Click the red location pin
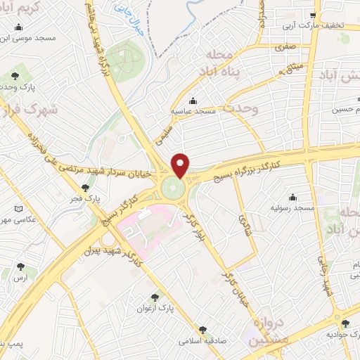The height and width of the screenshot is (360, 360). tap(181, 165)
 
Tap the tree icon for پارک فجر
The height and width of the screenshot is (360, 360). tap(86, 188)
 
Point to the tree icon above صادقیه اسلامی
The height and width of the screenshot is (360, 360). tap(202, 329)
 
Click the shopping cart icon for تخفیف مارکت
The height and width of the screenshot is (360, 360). tap(314, 14)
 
